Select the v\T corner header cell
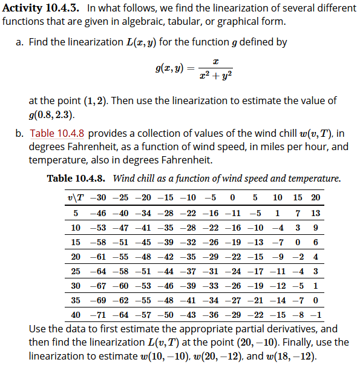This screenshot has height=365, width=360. [x=76, y=198]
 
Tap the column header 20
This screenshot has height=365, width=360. [x=316, y=198]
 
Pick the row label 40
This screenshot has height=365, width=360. [x=76, y=315]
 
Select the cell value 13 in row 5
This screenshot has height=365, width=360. [x=316, y=213]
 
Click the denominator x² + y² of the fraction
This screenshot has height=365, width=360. [x=215, y=77]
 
